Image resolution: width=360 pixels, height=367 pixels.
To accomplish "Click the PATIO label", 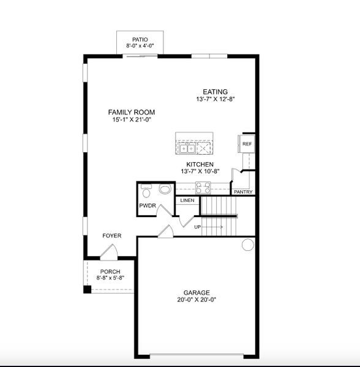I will (140, 39).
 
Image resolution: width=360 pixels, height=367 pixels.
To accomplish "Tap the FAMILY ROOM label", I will (131, 112).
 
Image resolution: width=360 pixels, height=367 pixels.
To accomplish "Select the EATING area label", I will (216, 92).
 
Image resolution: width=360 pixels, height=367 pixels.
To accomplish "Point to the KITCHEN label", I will (200, 165).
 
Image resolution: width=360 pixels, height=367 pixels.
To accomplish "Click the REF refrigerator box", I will (247, 144).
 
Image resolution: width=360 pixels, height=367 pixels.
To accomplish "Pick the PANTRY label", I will (244, 192).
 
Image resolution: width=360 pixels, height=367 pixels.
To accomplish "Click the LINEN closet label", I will (187, 200).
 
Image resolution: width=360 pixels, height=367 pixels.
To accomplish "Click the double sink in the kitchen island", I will (187, 147).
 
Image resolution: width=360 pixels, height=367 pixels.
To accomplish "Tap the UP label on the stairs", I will (197, 227).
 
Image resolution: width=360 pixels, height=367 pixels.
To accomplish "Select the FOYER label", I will (111, 235).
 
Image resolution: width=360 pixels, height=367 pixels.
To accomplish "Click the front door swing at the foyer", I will (109, 251).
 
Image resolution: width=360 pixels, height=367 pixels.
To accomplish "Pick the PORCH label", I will (110, 272).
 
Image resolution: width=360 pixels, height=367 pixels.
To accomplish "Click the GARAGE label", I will (197, 292).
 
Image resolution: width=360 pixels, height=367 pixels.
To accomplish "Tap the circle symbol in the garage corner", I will (247, 245).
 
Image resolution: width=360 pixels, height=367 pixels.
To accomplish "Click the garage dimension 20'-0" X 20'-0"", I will (197, 300).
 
